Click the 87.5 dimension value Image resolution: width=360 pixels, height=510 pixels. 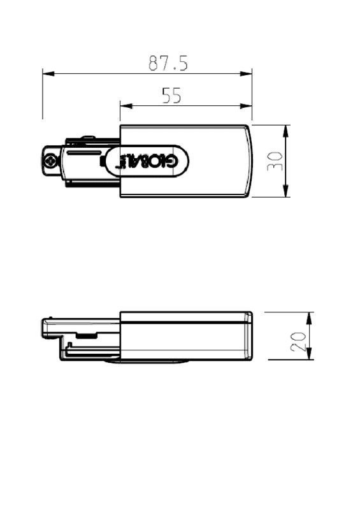tap(168, 63)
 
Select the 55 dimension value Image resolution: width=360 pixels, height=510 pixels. tap(171, 96)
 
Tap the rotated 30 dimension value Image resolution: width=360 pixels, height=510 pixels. tap(275, 161)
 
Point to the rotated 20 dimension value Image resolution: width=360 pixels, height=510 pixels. tap(298, 342)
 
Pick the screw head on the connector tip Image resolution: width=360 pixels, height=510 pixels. tap(50, 161)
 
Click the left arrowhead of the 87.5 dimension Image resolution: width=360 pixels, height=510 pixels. tap(48, 74)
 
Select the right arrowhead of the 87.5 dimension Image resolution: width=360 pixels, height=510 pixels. tap(246, 74)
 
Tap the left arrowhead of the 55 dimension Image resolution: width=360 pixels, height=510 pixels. tap(126, 106)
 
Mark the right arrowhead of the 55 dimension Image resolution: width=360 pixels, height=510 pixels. tap(246, 106)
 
